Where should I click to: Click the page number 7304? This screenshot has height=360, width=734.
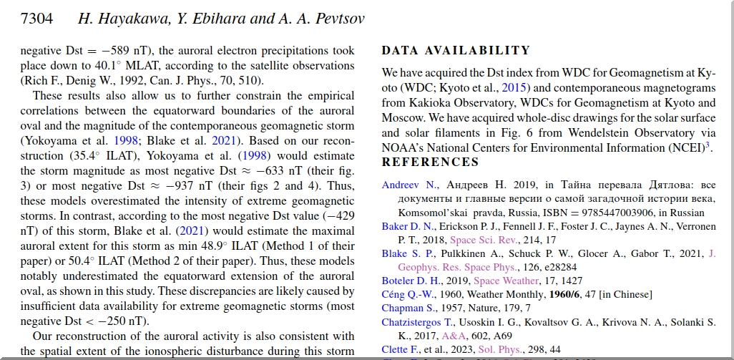(x=37, y=19)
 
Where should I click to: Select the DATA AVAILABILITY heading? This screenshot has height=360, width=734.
(x=456, y=51)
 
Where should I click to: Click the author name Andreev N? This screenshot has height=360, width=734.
(x=408, y=185)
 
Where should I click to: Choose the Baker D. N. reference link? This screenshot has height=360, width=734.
(x=406, y=226)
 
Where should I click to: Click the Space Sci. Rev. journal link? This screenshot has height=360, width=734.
(x=482, y=240)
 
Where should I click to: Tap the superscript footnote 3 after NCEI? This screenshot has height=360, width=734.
(x=707, y=145)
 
